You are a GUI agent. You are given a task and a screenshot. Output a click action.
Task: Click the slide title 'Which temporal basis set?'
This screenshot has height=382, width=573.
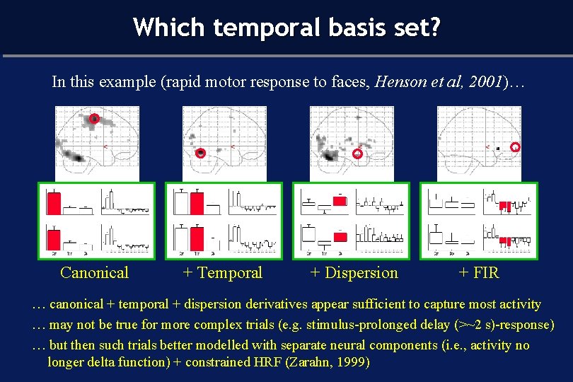286,28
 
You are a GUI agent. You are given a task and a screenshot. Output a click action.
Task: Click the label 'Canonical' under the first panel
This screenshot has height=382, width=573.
94,273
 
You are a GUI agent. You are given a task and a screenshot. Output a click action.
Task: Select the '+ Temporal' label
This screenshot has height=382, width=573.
222,273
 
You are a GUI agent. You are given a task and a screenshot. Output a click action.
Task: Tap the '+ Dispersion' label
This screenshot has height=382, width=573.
354,273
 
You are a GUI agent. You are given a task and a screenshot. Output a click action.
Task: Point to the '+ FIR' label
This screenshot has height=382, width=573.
478,273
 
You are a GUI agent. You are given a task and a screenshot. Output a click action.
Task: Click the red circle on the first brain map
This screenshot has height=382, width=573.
93,119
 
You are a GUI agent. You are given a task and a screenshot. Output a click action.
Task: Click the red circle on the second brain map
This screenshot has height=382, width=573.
201,152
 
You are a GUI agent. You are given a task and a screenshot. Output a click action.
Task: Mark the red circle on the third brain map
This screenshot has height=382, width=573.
358,153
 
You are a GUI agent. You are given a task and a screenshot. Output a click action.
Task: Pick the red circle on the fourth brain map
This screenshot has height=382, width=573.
515,147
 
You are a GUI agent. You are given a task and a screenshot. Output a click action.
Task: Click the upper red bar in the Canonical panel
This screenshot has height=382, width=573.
53,203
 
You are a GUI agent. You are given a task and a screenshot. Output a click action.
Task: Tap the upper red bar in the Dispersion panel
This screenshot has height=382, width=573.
340,202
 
